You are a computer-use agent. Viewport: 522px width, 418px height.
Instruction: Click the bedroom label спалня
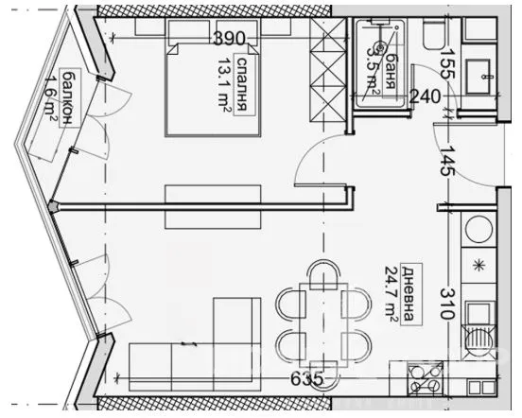[x=243, y=86]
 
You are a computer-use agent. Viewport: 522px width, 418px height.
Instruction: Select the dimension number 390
[x=230, y=39]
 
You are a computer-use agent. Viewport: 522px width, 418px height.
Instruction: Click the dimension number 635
[x=306, y=379]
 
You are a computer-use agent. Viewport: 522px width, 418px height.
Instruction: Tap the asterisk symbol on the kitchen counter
[x=478, y=264]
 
